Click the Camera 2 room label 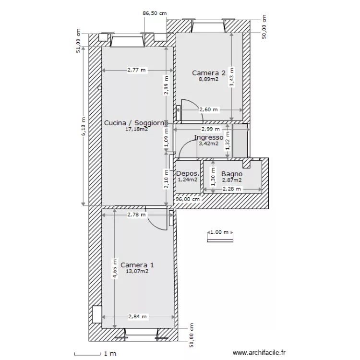pyautogui.click(x=209, y=73)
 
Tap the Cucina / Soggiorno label pyautogui.click(x=136, y=123)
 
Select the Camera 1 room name pyautogui.click(x=137, y=265)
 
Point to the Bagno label pyautogui.click(x=232, y=174)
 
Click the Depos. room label pyautogui.click(x=188, y=173)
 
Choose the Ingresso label pyautogui.click(x=209, y=138)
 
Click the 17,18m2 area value pyautogui.click(x=137, y=129)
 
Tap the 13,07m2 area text pyautogui.click(x=137, y=271)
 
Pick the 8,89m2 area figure pyautogui.click(x=208, y=79)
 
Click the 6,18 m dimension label pyautogui.click(x=84, y=126)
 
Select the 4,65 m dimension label pyautogui.click(x=115, y=269)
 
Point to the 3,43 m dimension pyautogui.click(x=232, y=77)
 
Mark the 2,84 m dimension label pyautogui.click(x=137, y=317)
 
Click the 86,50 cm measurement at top pyautogui.click(x=155, y=13)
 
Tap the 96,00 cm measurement pyautogui.click(x=188, y=199)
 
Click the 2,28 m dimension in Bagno pyautogui.click(x=232, y=189)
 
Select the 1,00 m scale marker pyautogui.click(x=219, y=232)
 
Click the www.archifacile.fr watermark pyautogui.click(x=259, y=352)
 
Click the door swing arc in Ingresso pyautogui.click(x=185, y=145)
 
